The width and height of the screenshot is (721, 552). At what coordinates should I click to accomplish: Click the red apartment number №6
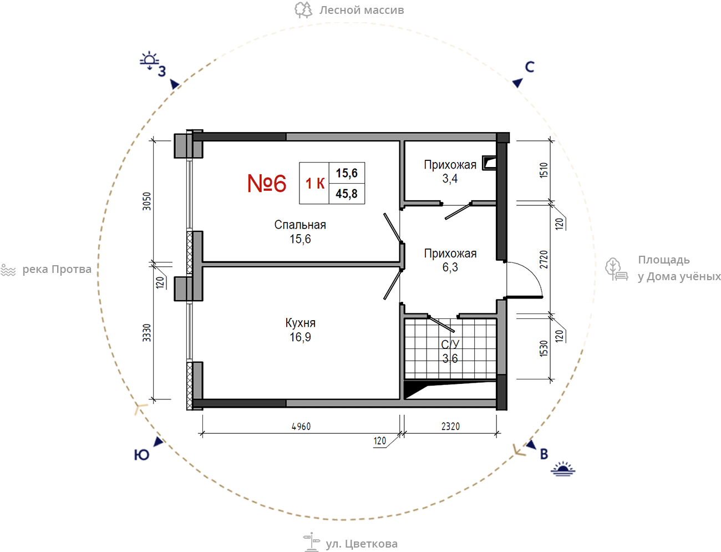266,183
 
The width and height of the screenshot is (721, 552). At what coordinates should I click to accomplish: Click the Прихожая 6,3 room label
450,260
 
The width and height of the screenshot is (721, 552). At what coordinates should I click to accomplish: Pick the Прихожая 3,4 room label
450,171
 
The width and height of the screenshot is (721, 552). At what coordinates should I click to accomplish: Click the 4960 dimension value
301,426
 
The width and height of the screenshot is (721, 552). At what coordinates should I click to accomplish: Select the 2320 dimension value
450,426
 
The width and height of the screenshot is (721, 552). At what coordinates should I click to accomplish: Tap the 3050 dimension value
146,201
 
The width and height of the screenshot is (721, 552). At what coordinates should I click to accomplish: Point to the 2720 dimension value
544,259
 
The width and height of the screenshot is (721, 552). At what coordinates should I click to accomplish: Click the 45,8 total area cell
347,194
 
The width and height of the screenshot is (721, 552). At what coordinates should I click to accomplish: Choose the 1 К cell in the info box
314,183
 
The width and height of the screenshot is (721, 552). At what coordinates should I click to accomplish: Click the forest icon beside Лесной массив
303,9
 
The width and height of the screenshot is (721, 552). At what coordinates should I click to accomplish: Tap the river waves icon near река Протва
8,270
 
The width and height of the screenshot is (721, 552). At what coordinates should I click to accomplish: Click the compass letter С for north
530,67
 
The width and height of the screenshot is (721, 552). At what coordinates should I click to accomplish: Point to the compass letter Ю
141,455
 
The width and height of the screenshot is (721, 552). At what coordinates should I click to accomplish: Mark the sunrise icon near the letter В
563,469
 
